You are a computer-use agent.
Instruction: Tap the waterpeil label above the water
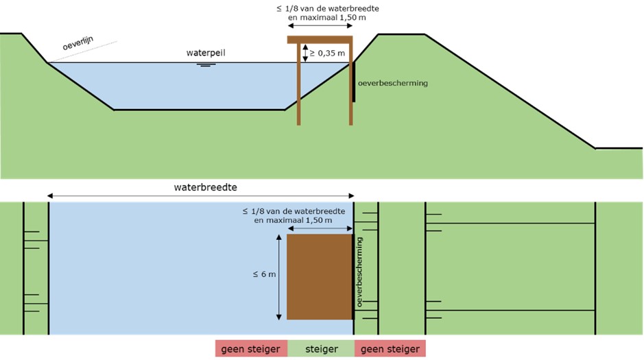205,53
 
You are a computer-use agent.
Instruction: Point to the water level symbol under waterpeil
205,64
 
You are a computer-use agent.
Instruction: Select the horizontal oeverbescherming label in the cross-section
393,83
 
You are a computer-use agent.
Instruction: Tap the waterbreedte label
202,186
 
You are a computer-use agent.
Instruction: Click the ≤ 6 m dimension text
264,274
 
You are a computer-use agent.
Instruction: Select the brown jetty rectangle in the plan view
320,277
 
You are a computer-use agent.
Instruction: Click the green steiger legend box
320,349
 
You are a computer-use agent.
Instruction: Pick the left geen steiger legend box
251,349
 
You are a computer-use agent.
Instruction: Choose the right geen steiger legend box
390,349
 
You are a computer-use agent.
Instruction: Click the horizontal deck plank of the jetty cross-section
320,40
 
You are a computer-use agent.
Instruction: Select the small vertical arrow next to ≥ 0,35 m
305,53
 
